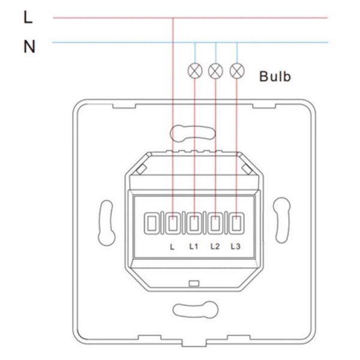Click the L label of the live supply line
(28, 18)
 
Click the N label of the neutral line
(28, 45)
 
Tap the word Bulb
(275, 77)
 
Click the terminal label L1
(193, 245)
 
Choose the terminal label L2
(215, 245)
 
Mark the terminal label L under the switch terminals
(172, 245)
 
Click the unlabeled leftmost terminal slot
(152, 223)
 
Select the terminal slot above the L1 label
(194, 223)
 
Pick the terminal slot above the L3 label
(237, 223)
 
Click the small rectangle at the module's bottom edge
(193, 282)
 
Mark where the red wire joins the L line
(173, 18)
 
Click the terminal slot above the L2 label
(215, 223)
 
